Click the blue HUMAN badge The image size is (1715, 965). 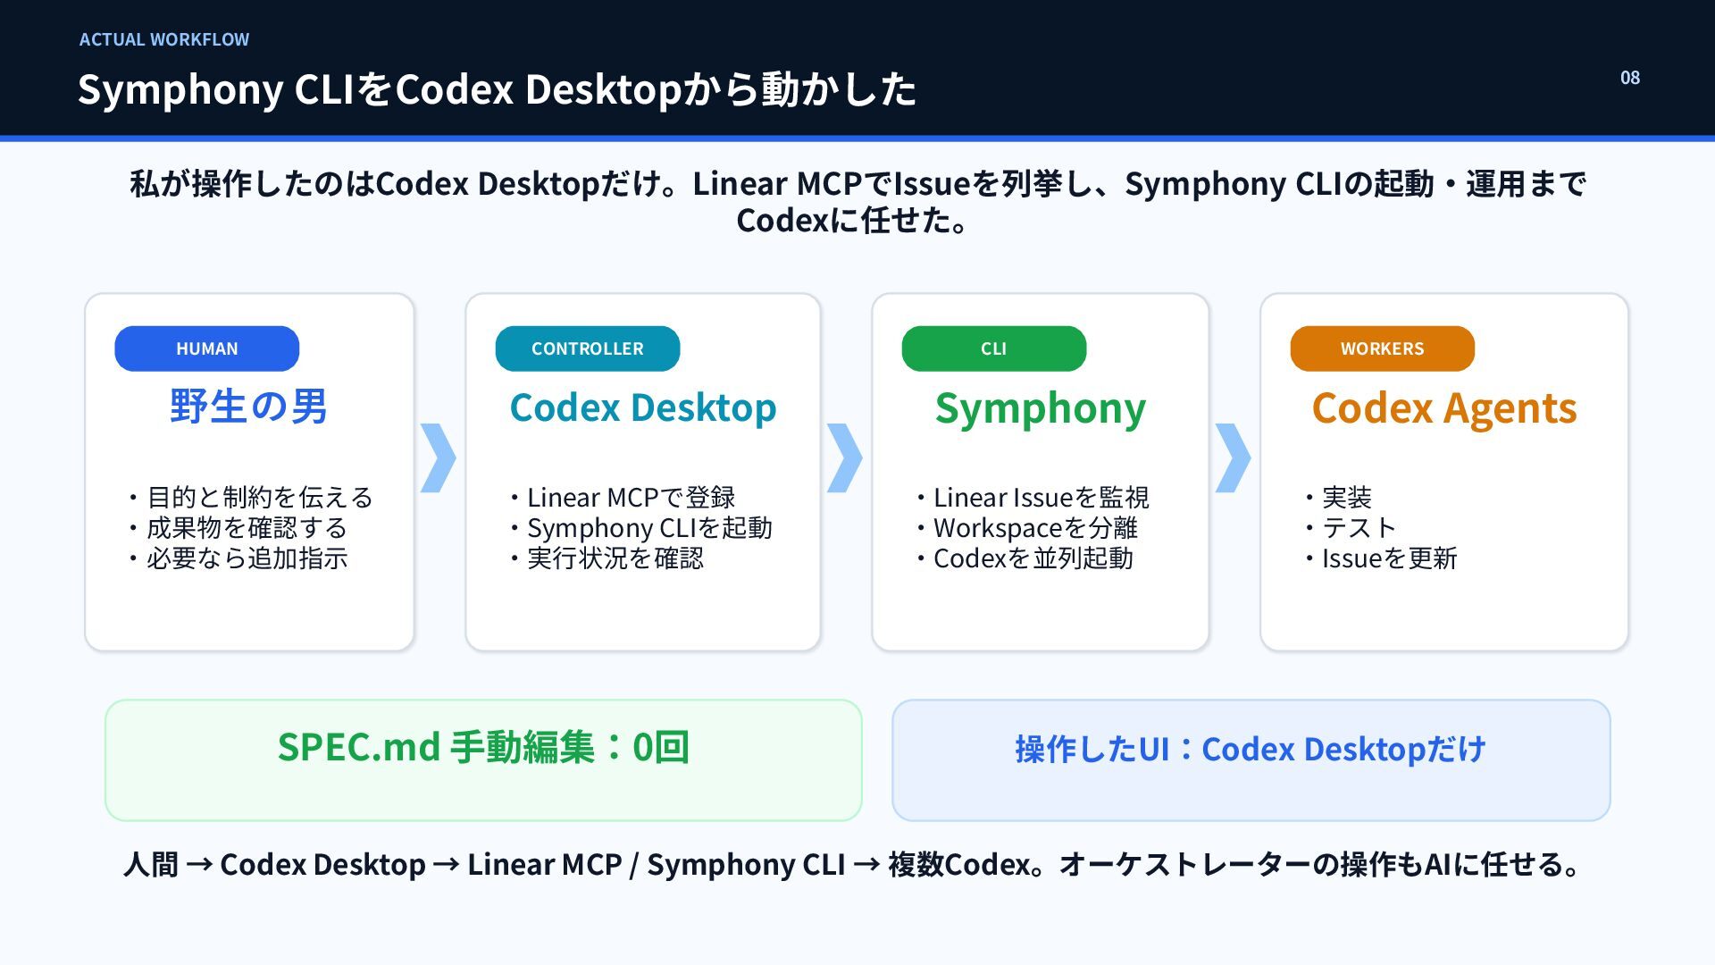point(206,348)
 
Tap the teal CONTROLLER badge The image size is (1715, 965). point(587,348)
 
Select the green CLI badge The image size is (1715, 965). point(993,348)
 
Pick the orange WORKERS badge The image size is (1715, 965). point(1382,348)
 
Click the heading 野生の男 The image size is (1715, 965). point(248,407)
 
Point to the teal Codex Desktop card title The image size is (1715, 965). point(643,408)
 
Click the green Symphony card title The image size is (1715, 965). point(1041,410)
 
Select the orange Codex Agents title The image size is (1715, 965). point(1444,410)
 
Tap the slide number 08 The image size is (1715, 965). point(1630,78)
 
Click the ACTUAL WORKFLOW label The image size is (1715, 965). point(164,39)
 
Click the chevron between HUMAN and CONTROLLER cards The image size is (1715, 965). point(438,457)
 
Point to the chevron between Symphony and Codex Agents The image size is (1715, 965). point(1233,457)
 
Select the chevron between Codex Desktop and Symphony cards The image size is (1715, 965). point(844,457)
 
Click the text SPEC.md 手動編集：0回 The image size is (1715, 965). point(483,747)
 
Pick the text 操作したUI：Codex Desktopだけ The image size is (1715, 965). point(1251,749)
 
